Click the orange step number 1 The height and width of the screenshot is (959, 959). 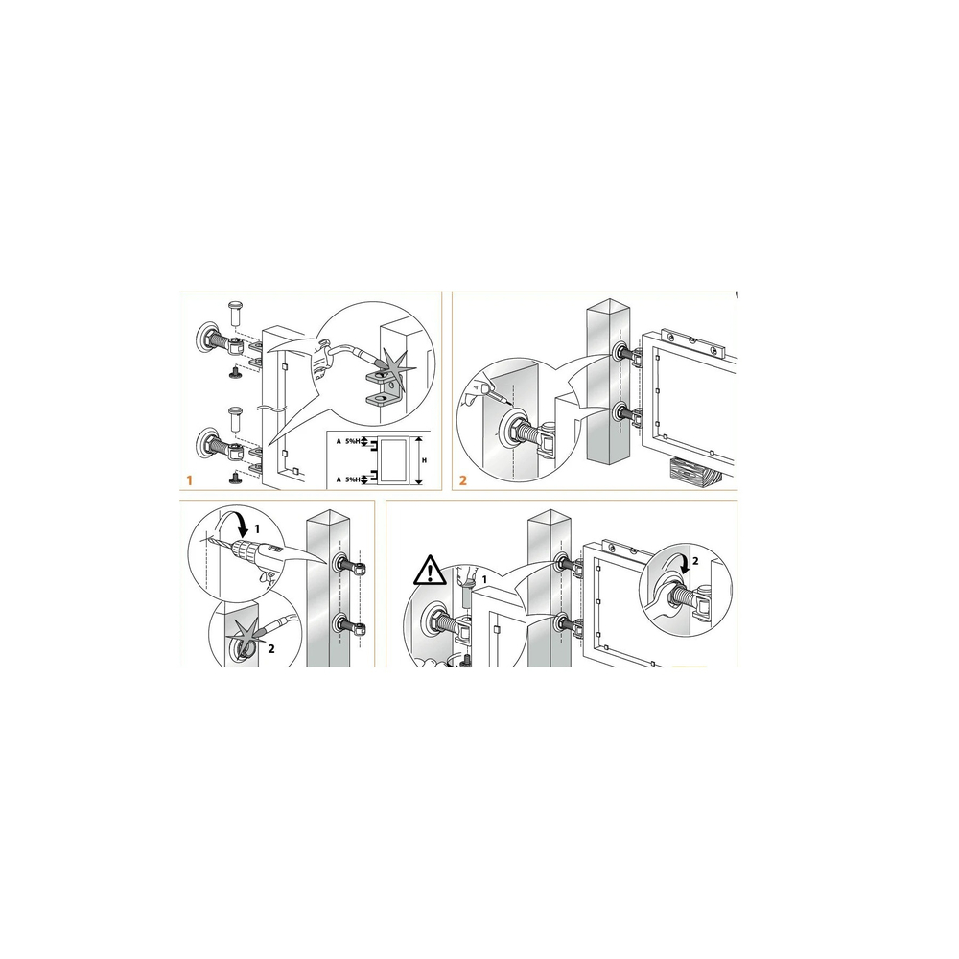tap(190, 480)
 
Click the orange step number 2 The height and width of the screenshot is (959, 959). tap(463, 480)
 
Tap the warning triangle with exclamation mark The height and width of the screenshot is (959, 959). tap(430, 570)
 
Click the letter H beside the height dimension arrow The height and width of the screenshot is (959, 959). tap(425, 460)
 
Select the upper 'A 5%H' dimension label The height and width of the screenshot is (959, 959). tap(349, 441)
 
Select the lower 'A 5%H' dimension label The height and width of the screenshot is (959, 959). tap(349, 480)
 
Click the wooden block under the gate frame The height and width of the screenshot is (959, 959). tap(696, 472)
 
